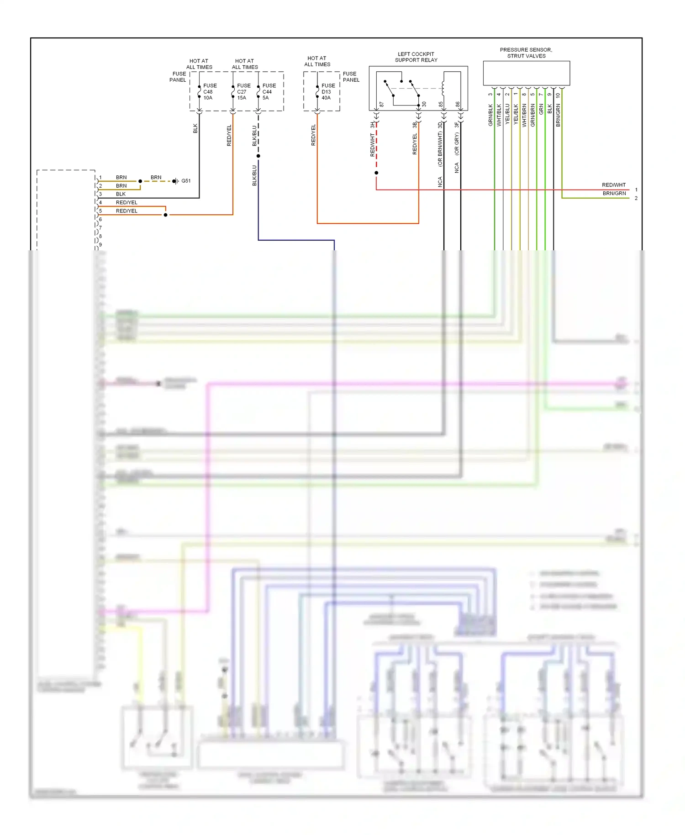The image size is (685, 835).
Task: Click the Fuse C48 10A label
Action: tap(210, 92)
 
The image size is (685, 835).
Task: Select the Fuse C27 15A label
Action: tap(243, 92)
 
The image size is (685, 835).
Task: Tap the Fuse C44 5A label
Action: tap(269, 92)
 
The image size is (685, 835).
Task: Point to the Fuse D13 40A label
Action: tap(328, 92)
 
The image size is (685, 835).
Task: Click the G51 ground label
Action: tap(186, 181)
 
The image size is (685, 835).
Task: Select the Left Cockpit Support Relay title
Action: tap(416, 57)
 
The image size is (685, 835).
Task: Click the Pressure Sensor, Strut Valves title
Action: tap(526, 53)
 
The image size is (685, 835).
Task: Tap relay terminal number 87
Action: tap(382, 105)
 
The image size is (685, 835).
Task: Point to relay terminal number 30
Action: tap(424, 105)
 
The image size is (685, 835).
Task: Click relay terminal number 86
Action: tap(458, 105)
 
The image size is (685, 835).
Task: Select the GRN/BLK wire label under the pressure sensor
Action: tap(491, 115)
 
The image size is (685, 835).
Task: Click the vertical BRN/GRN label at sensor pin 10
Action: tap(558, 116)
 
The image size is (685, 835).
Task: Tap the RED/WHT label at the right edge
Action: tap(614, 185)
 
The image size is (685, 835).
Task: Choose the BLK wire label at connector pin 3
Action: tap(121, 194)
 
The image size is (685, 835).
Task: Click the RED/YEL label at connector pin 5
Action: tap(126, 211)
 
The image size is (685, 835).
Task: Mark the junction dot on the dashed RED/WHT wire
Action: tap(376, 173)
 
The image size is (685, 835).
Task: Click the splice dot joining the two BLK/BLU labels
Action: tap(258, 156)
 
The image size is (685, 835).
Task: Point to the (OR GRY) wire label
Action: tap(457, 144)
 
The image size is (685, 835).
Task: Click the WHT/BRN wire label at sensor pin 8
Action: tap(524, 115)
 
